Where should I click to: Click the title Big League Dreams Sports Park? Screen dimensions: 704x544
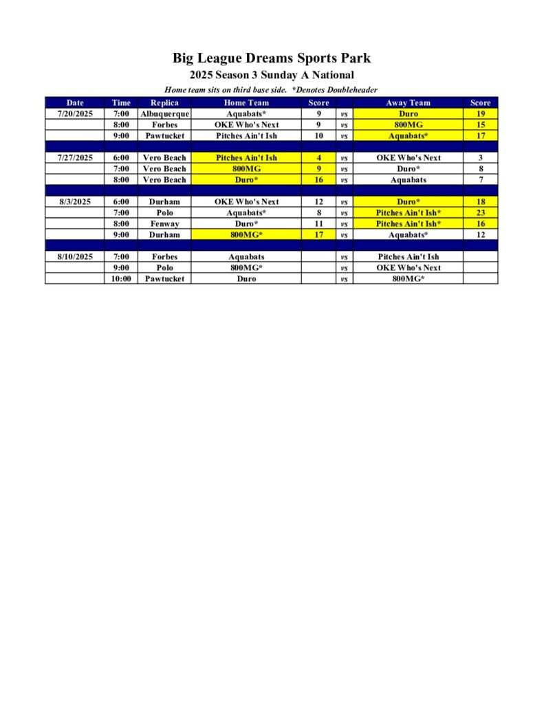tap(272, 58)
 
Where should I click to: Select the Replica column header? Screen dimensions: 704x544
tap(164, 102)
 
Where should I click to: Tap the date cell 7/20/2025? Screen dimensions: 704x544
tap(75, 113)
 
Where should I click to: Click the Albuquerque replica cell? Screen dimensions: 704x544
tap(164, 113)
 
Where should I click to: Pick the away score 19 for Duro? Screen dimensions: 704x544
tap(480, 113)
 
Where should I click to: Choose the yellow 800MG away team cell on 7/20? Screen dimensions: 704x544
tap(409, 124)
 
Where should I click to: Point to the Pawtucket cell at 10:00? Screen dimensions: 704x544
tap(164, 278)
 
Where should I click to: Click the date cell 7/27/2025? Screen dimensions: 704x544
tap(75, 157)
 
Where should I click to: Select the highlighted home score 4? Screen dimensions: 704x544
tap(319, 157)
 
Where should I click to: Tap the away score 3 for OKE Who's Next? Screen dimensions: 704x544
tap(480, 157)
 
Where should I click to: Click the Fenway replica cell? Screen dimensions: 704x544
tap(164, 223)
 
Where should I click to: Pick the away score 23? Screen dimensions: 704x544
tap(480, 212)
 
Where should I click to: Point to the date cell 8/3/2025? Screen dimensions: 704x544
tap(75, 201)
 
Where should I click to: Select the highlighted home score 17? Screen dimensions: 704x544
tap(319, 234)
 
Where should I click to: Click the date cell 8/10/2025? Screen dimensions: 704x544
tap(75, 256)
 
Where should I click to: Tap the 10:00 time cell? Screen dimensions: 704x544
tap(121, 278)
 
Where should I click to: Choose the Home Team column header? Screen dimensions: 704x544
tap(246, 102)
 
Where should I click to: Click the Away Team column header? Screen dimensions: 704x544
tap(409, 102)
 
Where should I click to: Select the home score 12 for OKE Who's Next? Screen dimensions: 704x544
tap(319, 201)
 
